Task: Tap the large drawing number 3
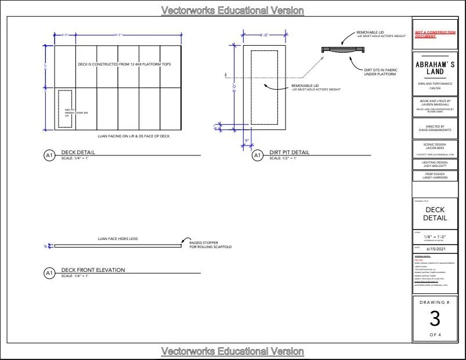[x=435, y=318]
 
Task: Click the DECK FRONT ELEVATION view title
[x=93, y=270]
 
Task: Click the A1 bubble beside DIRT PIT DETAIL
[x=257, y=155]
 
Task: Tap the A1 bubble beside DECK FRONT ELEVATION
[x=49, y=272]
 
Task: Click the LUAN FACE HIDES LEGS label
[x=118, y=239]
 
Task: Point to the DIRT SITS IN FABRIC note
[x=380, y=72]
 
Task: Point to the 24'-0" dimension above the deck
[x=118, y=35]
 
